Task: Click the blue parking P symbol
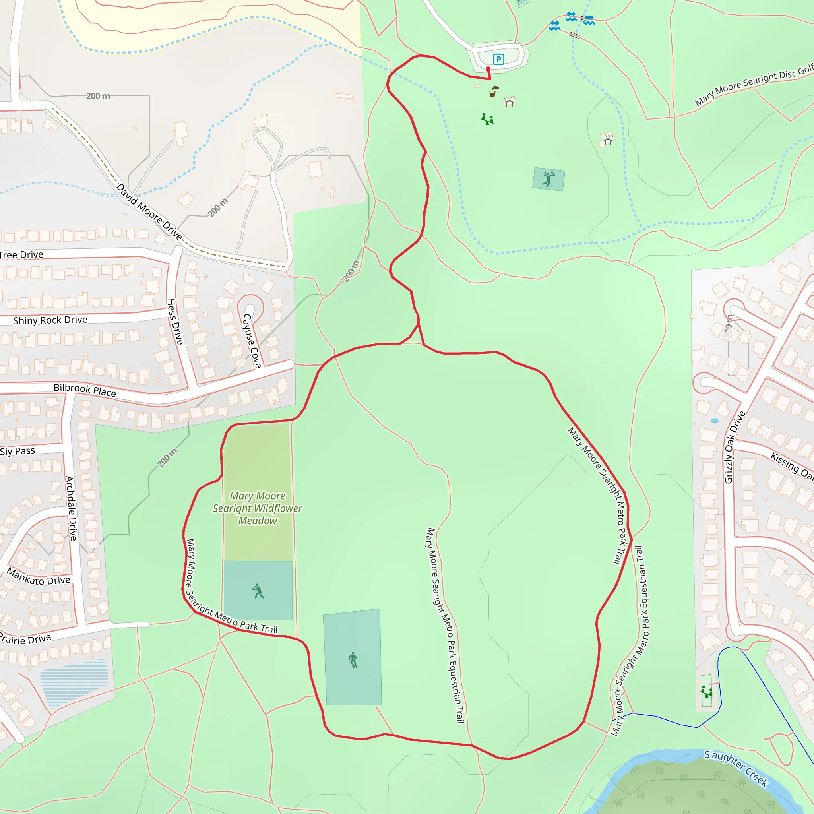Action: point(498,59)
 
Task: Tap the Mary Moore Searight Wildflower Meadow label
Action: point(258,508)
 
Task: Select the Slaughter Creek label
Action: point(736,768)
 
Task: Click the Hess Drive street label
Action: point(175,322)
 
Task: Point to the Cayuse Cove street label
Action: point(252,341)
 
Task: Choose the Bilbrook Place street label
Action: point(85,390)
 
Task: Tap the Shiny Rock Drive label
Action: point(50,320)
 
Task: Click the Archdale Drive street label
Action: point(71,508)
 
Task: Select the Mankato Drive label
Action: point(38,577)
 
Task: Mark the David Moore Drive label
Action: point(149,212)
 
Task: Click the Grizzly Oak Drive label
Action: point(735,447)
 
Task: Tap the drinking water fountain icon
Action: point(493,91)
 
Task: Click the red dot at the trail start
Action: point(488,69)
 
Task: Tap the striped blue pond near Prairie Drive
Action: point(74,682)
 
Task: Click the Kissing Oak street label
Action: point(791,466)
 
